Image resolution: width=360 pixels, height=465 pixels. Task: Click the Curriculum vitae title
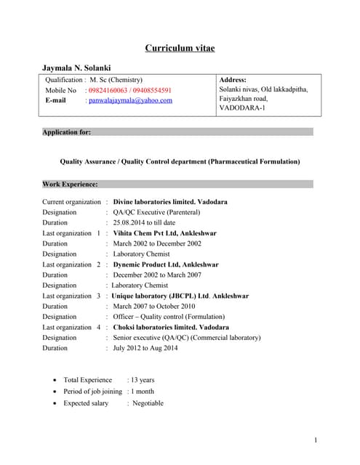click(x=180, y=48)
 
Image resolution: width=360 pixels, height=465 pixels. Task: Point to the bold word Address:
click(x=233, y=79)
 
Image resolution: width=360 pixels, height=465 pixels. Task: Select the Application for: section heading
click(x=67, y=132)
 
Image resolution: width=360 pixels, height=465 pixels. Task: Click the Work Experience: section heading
click(x=70, y=185)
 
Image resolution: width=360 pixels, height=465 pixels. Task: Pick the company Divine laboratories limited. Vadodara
click(x=170, y=201)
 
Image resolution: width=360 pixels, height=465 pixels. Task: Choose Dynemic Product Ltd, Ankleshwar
click(x=166, y=264)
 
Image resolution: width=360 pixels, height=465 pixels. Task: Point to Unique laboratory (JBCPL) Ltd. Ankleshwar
click(x=180, y=296)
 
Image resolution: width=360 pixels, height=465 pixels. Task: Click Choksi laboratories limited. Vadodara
click(x=171, y=327)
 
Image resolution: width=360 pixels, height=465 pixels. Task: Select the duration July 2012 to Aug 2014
click(x=145, y=348)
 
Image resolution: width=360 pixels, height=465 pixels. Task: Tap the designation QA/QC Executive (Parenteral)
click(x=156, y=212)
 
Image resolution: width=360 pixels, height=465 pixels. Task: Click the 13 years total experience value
click(x=143, y=379)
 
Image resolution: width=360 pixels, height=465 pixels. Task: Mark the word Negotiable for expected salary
click(x=148, y=403)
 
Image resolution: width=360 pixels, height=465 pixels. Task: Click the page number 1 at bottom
click(x=316, y=440)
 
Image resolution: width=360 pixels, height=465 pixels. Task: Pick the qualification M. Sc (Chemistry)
click(x=116, y=79)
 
